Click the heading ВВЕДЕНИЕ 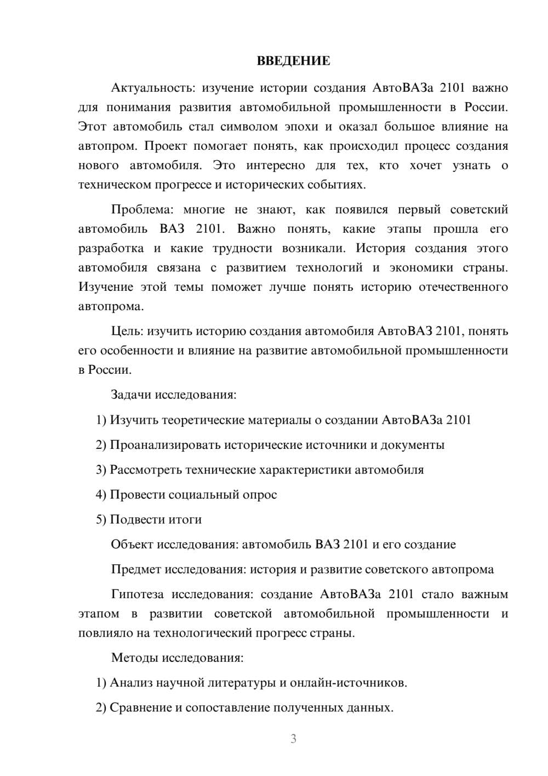(293, 61)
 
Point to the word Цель (127, 331)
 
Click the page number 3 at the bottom (293, 739)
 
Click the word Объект (132, 544)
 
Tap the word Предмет (135, 569)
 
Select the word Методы (133, 658)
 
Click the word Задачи (132, 395)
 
